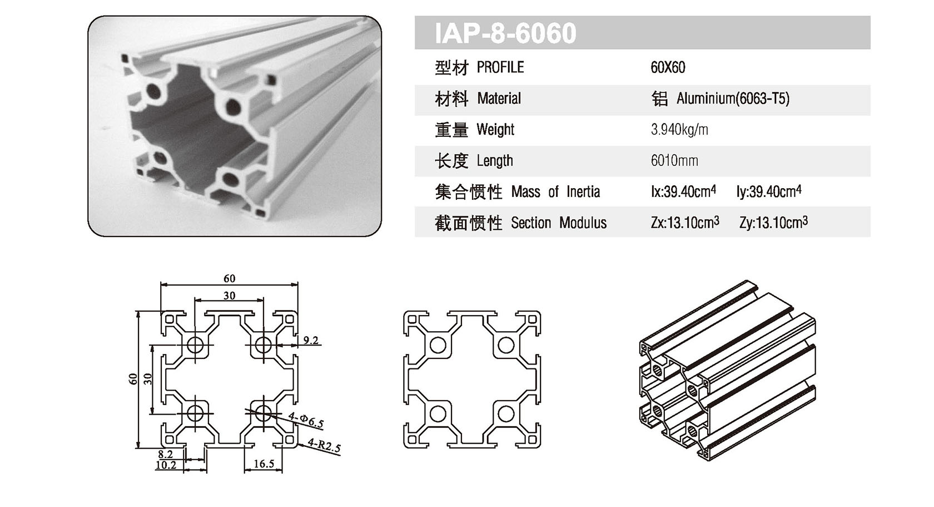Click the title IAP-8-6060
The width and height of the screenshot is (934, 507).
[x=505, y=33]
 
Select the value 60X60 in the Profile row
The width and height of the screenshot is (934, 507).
[x=668, y=68]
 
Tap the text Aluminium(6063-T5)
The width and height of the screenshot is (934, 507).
[x=732, y=99]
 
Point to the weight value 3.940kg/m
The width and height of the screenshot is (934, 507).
[x=679, y=130]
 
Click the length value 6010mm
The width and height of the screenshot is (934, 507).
[x=674, y=161]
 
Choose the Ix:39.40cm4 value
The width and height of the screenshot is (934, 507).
[x=683, y=192]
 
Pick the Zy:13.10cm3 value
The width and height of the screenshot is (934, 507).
[x=773, y=223]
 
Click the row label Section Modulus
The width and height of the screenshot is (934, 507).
[x=558, y=223]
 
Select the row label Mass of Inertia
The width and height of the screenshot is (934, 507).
[x=555, y=193]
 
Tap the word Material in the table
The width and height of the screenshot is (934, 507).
[x=499, y=99]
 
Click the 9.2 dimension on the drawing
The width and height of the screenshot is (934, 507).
[x=311, y=340]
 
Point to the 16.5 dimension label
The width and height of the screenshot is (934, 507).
[x=264, y=464]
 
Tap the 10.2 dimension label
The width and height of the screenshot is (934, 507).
[x=166, y=465]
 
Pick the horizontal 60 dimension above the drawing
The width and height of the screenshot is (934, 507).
[x=229, y=278]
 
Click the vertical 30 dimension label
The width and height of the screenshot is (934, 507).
[x=147, y=378]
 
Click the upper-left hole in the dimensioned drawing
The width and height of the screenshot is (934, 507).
[x=195, y=345]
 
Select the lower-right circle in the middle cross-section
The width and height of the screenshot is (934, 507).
[x=505, y=414]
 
